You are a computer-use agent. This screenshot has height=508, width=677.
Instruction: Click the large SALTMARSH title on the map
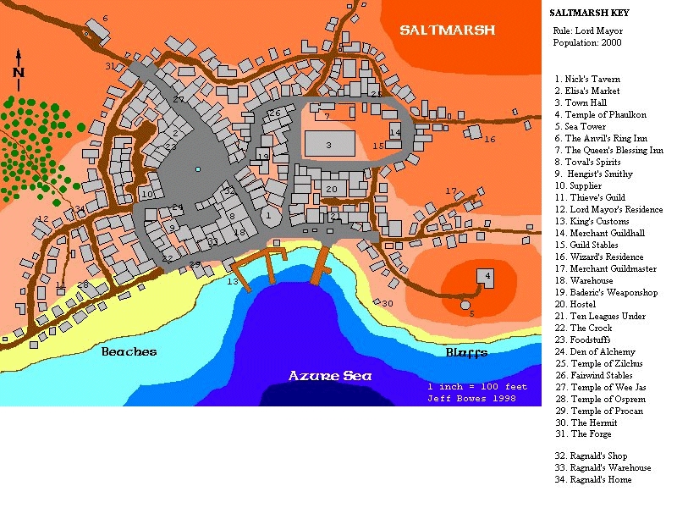click(x=447, y=30)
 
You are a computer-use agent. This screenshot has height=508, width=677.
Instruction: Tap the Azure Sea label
click(x=328, y=375)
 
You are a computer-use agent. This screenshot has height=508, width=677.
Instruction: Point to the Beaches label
click(x=129, y=351)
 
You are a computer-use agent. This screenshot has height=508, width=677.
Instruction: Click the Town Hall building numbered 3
click(x=329, y=145)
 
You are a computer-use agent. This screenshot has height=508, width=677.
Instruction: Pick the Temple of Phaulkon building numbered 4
click(x=486, y=276)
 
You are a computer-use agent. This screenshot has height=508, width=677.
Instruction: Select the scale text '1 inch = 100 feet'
click(x=477, y=387)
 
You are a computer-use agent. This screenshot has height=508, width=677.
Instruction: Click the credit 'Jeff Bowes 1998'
click(x=477, y=398)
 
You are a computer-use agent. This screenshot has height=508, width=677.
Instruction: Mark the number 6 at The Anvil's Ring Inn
click(x=105, y=18)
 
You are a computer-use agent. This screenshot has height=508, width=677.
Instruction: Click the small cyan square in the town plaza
click(x=197, y=169)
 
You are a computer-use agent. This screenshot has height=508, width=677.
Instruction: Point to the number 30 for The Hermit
click(x=388, y=303)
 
